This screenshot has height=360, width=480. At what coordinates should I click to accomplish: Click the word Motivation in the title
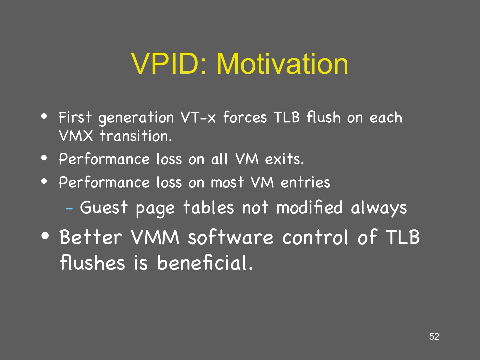point(283,64)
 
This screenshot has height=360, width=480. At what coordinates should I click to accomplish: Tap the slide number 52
point(434,336)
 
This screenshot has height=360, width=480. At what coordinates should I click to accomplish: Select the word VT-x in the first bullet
point(198,117)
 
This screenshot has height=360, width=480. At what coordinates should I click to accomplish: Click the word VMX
point(76,136)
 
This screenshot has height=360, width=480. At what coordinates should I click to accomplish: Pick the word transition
point(136,136)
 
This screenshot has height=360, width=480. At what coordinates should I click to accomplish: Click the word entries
point(305,182)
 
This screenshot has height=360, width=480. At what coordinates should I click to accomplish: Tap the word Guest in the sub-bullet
point(104,207)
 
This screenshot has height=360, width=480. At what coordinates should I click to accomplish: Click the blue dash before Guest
point(69,209)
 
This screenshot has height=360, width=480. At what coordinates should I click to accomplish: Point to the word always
point(379,208)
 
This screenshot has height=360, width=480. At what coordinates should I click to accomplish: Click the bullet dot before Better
point(45,236)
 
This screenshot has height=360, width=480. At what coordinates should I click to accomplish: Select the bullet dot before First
point(44,117)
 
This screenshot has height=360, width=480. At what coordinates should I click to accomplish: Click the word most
point(227,182)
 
